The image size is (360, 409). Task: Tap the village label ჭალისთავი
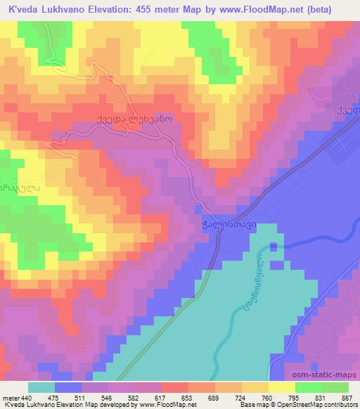click(x=225, y=226)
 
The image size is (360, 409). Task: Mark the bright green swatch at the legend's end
click(x=335, y=387)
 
